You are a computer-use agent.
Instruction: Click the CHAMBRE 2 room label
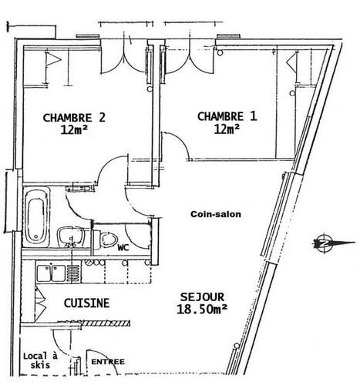[x=74, y=118]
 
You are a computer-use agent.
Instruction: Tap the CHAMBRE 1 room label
[x=227, y=116]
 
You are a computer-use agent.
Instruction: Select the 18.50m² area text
[x=202, y=309]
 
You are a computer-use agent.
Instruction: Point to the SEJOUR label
[x=202, y=297]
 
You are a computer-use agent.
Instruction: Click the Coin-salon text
[x=216, y=214]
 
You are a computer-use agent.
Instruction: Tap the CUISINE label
[x=86, y=303]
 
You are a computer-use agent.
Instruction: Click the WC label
[x=123, y=248]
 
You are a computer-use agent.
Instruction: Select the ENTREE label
[x=108, y=362]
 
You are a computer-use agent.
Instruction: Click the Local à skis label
[x=40, y=360]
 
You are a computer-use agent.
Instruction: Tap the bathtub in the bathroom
[x=36, y=217]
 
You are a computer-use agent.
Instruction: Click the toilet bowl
[x=106, y=239]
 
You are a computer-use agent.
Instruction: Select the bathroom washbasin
[x=70, y=237]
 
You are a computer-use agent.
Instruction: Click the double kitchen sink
[x=51, y=273]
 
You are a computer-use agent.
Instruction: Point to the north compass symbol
[x=334, y=243]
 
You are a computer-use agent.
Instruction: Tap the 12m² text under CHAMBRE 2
[x=74, y=129]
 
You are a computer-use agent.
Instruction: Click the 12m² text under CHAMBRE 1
[x=227, y=129]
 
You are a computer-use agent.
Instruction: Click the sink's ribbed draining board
[x=74, y=273]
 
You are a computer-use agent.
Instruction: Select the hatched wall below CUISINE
[x=106, y=323]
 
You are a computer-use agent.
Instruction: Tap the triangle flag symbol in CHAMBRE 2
[x=53, y=59]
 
